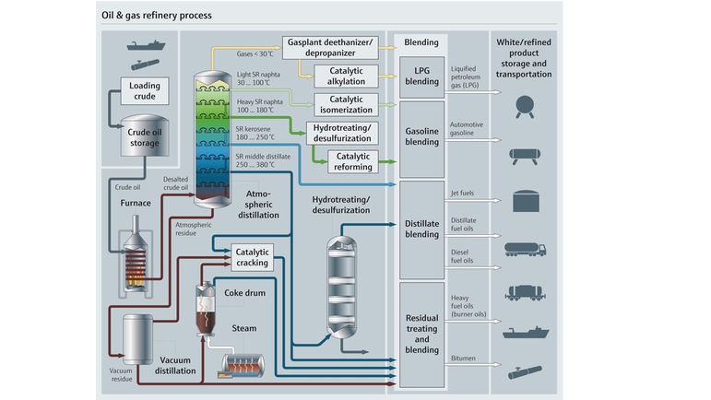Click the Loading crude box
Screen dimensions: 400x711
coord(144,91)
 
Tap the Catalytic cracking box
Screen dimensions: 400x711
coord(252,257)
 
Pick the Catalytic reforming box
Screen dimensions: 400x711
coord(353,161)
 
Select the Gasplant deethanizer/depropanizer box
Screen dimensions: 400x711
coord(328,47)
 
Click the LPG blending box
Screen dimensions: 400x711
coord(421,76)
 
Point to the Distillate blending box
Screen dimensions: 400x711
coord(421,229)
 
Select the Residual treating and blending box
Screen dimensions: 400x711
coord(421,334)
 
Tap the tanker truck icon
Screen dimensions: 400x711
coord(526,250)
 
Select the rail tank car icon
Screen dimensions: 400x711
coord(526,292)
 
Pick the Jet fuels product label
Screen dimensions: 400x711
coord(464,193)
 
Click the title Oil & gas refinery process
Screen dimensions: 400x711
coord(156,16)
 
